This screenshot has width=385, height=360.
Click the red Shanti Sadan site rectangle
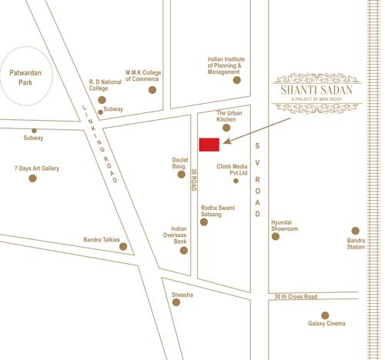[208, 145]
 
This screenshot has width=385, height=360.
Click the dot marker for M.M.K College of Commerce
[152, 90]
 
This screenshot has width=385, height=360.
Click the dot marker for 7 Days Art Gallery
[32, 178]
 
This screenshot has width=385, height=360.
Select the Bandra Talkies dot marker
[123, 247]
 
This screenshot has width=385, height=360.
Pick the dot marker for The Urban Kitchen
[226, 128]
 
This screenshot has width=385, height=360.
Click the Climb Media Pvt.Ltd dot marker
[236, 180]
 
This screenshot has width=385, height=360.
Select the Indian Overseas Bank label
[179, 235]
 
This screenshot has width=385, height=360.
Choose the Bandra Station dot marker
[355, 231]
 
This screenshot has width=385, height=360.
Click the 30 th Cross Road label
[295, 297]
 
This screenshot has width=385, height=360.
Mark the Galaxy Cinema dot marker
[325, 315]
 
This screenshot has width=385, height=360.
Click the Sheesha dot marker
[176, 302]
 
